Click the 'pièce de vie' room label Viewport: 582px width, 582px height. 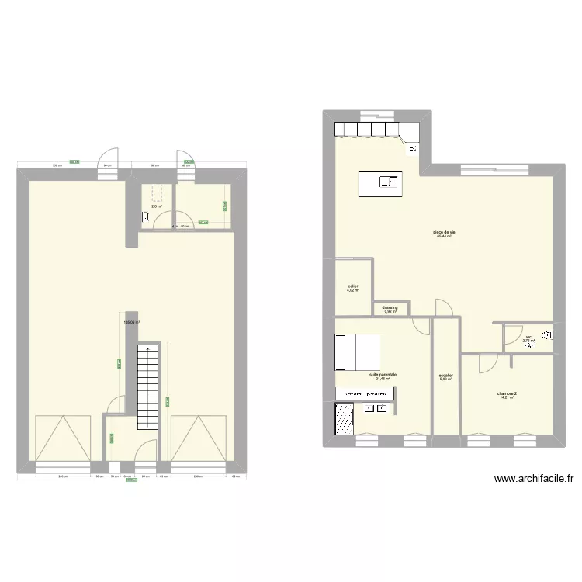pos(444,232)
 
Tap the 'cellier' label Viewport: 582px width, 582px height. pos(353,286)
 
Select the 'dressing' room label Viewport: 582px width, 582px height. pos(390,307)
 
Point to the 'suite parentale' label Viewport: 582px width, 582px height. pos(383,375)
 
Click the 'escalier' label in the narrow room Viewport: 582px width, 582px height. pos(445,376)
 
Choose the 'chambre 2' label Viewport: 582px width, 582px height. pos(508,393)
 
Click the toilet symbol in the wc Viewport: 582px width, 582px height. pos(548,335)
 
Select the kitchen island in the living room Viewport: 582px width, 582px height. pos(379,182)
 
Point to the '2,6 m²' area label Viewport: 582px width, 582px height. pos(156,206)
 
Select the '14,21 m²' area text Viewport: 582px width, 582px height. pos(508,398)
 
